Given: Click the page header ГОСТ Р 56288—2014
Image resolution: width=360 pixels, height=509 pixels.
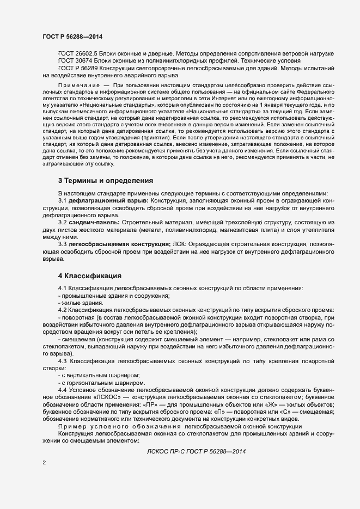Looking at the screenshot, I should click(72, 37).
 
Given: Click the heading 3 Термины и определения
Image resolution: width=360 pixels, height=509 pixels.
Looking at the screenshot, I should click(105, 181).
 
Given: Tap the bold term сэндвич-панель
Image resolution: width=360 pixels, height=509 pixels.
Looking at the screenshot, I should click(93, 223).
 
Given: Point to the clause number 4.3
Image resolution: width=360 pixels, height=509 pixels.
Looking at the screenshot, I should click(63, 361).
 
